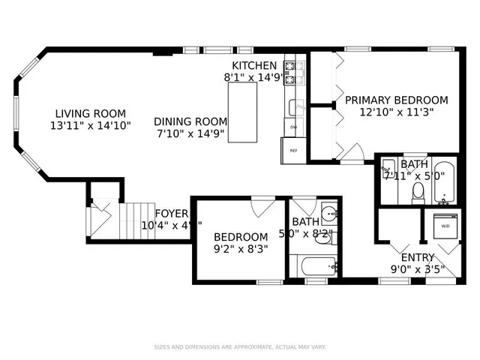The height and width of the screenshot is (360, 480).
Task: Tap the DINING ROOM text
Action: [x=190, y=121]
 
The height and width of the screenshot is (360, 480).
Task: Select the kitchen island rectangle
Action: [x=242, y=112]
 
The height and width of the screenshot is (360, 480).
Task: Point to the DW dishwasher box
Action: [x=294, y=127]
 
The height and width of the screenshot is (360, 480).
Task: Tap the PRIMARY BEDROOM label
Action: [x=396, y=100]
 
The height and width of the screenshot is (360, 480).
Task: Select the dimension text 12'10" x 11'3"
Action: [x=395, y=112]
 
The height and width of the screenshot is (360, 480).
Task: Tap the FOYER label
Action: [x=171, y=213]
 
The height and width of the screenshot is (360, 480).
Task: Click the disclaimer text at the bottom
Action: [x=239, y=346]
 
